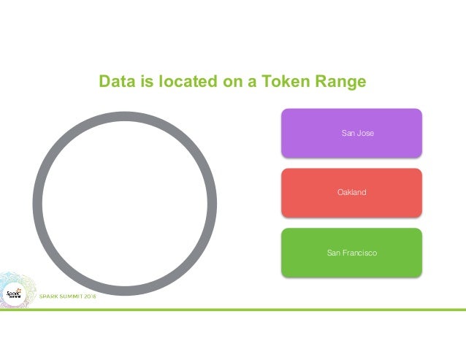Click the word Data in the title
click(x=117, y=82)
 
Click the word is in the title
click(x=146, y=82)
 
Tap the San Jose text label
click(x=358, y=133)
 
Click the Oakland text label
click(x=351, y=193)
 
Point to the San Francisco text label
click(x=351, y=253)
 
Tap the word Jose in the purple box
click(x=366, y=133)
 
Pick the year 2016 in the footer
click(x=88, y=296)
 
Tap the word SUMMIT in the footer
click(x=66, y=296)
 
